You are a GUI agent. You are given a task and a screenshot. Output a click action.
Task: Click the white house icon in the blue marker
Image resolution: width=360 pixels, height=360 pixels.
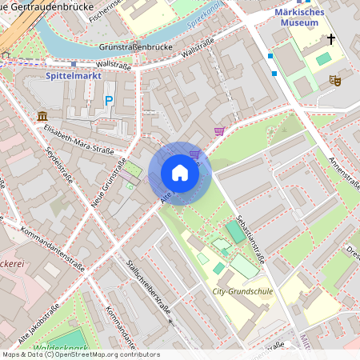pos(180,173)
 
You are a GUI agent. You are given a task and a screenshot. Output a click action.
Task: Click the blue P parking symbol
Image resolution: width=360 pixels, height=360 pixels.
pos(109,101)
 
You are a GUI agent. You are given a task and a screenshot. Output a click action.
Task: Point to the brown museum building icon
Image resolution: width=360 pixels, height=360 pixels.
pos(42,118)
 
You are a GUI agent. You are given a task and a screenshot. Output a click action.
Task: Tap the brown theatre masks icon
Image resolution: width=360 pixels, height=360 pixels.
pos(334,80)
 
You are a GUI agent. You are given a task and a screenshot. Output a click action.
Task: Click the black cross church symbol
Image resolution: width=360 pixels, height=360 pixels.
pos(331,39)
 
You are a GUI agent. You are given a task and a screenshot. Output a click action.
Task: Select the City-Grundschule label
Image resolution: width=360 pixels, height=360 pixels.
pos(242,292)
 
